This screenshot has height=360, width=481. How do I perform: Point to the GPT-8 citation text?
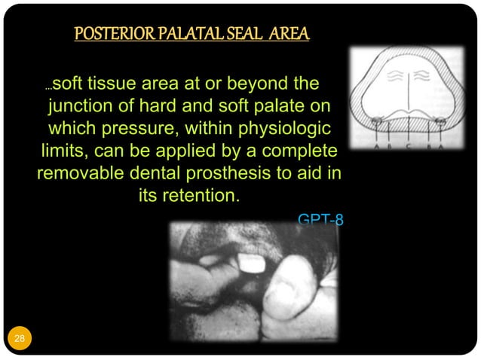click(320, 220)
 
